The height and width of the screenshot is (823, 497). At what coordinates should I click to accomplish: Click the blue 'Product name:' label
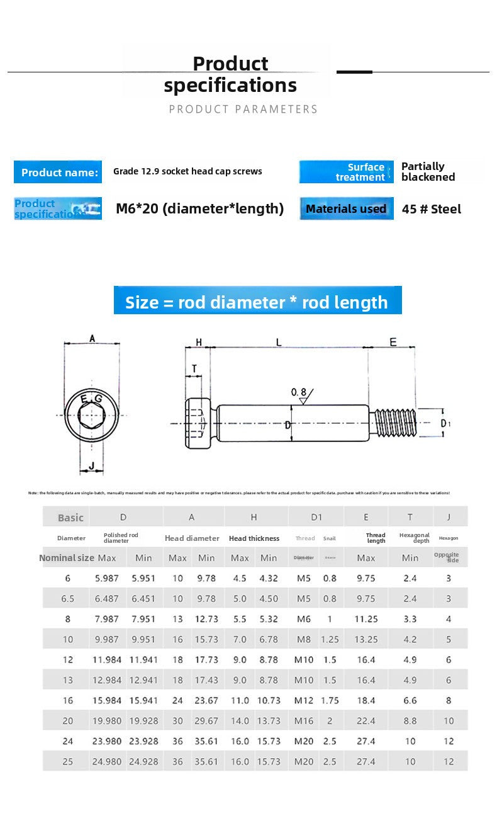click(x=59, y=172)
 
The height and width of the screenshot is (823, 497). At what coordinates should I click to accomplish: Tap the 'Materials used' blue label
click(x=346, y=208)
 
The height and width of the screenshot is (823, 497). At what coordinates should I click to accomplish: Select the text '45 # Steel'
click(x=431, y=209)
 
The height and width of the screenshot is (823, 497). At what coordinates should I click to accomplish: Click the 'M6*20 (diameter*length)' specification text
click(x=199, y=208)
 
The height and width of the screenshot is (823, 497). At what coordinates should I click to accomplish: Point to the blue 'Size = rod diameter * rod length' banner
click(x=257, y=302)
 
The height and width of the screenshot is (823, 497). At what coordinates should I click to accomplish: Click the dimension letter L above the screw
click(x=279, y=342)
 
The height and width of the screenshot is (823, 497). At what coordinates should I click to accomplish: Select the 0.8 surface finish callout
click(x=299, y=393)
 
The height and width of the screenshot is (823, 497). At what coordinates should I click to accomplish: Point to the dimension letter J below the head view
click(x=92, y=466)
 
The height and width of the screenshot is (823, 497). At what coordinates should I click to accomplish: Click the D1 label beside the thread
click(x=445, y=423)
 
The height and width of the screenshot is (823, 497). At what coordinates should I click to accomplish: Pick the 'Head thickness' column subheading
click(x=254, y=538)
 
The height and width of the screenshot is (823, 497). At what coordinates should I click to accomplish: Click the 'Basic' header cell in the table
click(x=70, y=518)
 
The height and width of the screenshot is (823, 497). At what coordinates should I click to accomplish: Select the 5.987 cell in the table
click(x=106, y=578)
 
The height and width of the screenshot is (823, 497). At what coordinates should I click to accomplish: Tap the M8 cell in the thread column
click(x=304, y=639)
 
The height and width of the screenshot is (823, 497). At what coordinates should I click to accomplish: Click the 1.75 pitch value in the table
click(x=330, y=700)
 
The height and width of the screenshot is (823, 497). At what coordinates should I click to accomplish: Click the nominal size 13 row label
click(x=68, y=680)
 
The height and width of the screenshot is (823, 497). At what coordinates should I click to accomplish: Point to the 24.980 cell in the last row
click(x=106, y=761)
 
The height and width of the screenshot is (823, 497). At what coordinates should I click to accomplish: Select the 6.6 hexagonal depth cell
click(x=410, y=700)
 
